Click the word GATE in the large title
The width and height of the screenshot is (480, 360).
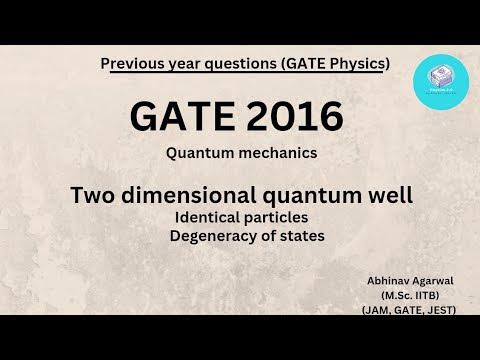(x=181, y=120)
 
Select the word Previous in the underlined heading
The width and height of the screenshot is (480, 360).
(x=135, y=64)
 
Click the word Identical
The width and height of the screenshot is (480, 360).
(x=208, y=217)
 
